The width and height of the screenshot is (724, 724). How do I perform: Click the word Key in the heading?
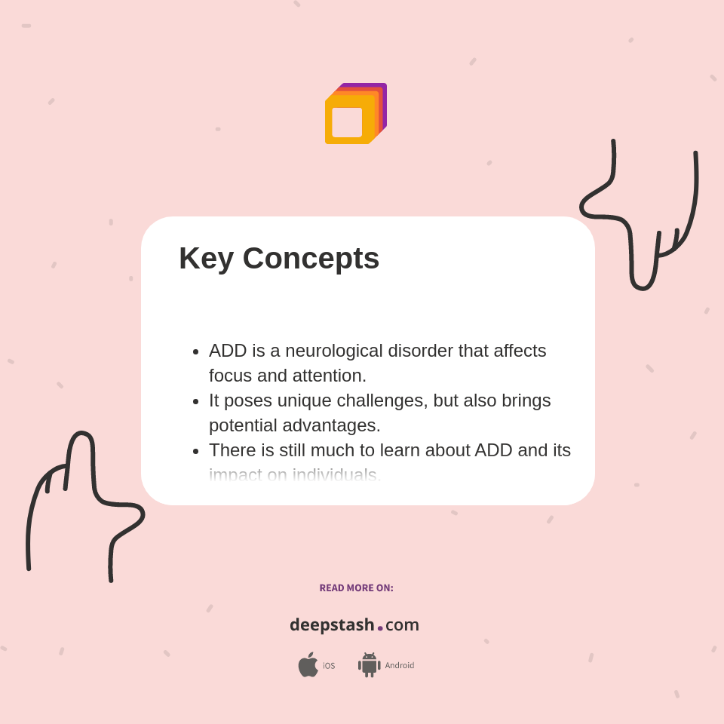coord(206,259)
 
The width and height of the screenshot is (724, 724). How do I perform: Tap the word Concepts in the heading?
coord(311,259)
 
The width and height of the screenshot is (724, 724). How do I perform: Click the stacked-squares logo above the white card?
coord(355,114)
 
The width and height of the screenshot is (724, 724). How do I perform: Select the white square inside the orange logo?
coord(347,122)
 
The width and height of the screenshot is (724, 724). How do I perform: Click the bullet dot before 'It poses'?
coord(196,402)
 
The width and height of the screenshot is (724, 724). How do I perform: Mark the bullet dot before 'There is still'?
coord(196,452)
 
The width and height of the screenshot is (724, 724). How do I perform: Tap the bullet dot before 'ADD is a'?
coord(196,352)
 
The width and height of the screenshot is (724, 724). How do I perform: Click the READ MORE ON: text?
coord(356,588)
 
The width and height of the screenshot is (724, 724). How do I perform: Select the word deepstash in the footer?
coord(332,625)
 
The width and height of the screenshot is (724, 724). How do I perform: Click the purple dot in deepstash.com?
coord(380,627)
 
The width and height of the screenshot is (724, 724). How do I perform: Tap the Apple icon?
coord(308,664)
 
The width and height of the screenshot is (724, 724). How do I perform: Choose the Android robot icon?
coord(369,665)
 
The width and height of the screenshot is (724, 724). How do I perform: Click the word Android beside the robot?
coord(399,665)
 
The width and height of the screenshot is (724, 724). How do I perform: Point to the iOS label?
coord(329,666)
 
